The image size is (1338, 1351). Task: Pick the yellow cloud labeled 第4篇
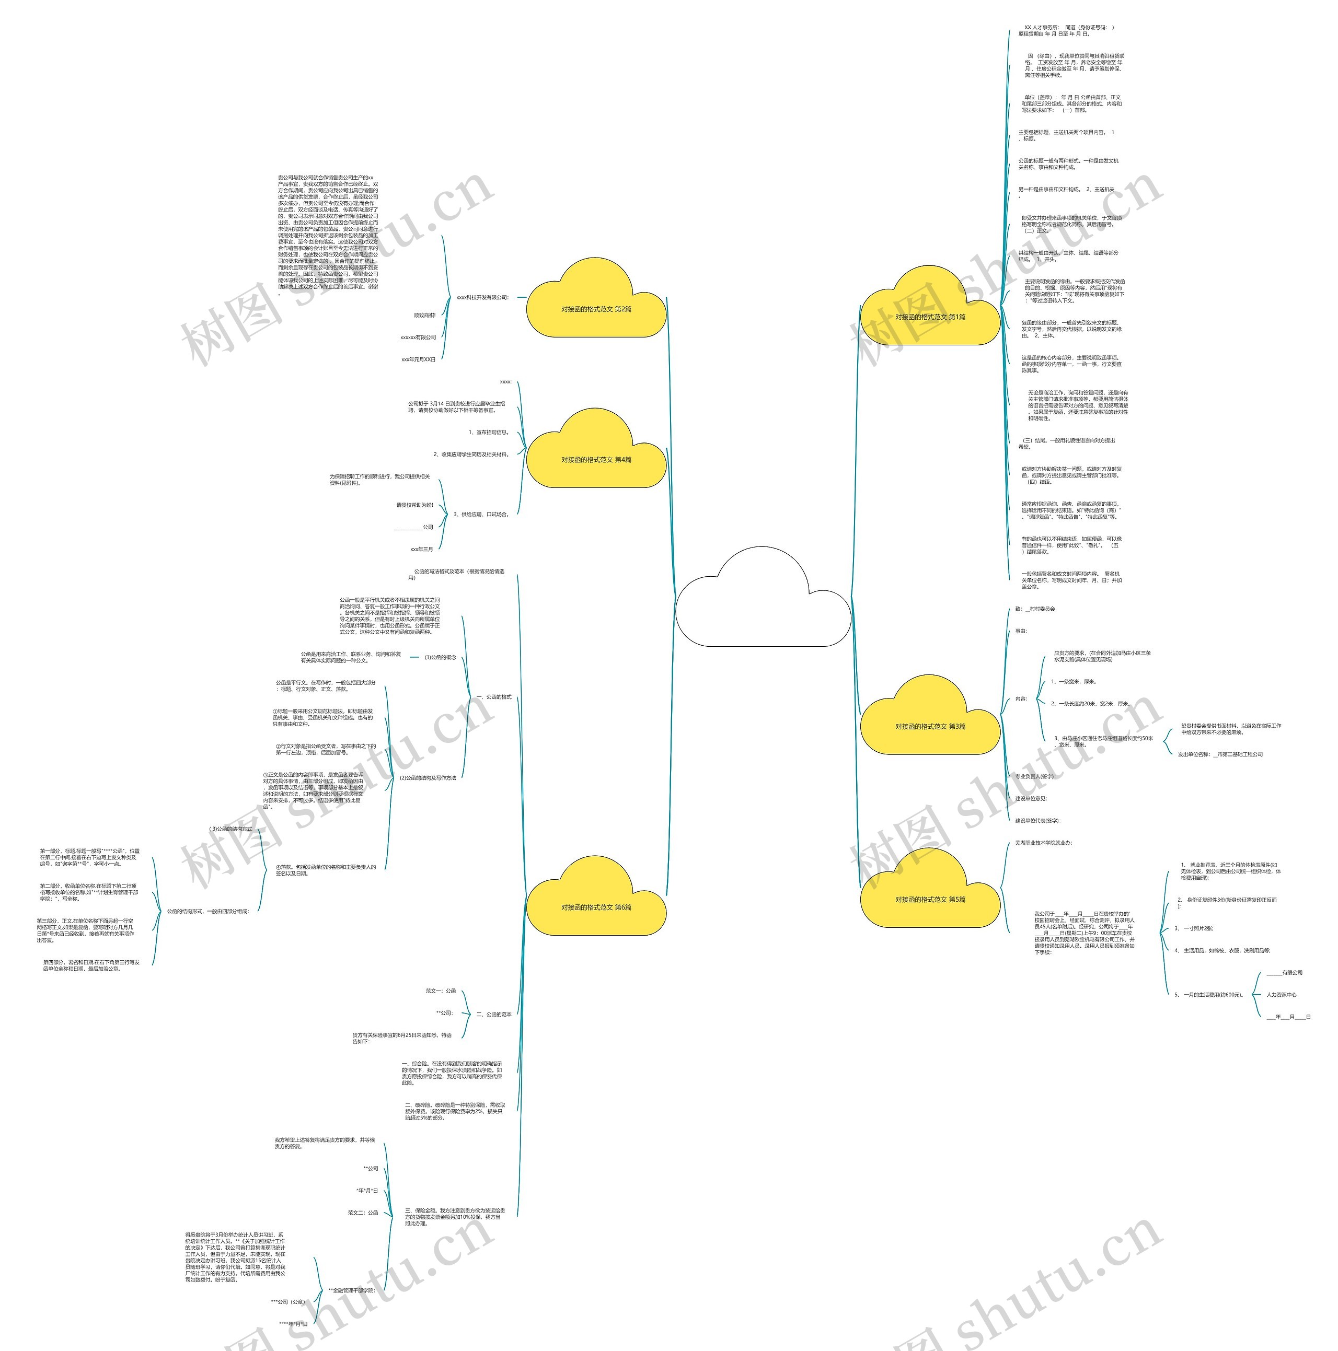coord(595,459)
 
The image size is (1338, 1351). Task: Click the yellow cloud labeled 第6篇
coord(595,907)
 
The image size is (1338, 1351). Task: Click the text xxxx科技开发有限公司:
coord(482,297)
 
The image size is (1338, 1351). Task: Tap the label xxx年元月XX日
coord(418,359)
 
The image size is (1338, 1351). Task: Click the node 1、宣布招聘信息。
coord(488,432)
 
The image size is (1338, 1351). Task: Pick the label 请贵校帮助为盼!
coord(415,505)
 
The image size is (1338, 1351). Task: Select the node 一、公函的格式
coord(494,697)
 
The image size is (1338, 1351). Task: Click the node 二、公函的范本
coord(494,1014)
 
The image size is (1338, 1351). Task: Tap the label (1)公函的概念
coord(440,657)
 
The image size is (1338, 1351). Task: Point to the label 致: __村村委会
coord(1035,609)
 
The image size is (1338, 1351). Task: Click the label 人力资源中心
coord(1282,994)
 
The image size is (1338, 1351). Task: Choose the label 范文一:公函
coord(441,991)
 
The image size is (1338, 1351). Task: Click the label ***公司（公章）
coord(287,1302)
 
